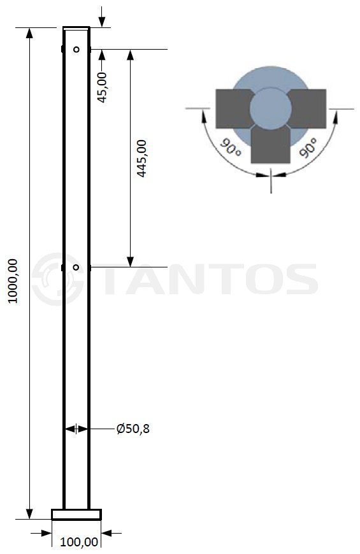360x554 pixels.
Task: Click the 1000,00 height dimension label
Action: coord(13,281)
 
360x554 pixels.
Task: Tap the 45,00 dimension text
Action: coord(102,87)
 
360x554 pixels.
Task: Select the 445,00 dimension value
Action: coord(141,159)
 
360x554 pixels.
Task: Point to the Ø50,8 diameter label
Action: coord(133,429)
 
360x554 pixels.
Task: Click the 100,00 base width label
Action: coord(79,542)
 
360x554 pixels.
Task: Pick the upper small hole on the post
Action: coord(76,50)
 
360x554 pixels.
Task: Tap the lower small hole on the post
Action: coord(76,267)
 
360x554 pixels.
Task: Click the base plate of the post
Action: coord(76,515)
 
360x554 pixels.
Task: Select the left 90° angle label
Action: coord(231,148)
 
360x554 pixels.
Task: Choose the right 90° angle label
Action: coord(308,148)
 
